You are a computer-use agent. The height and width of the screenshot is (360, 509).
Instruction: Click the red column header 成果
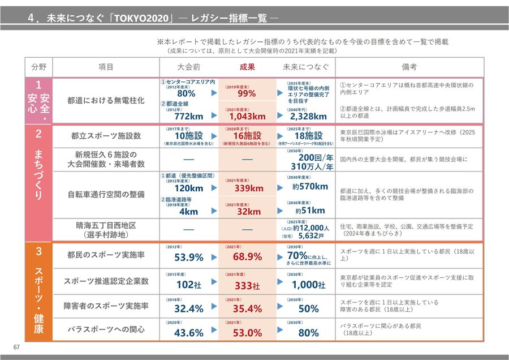[x=247, y=67]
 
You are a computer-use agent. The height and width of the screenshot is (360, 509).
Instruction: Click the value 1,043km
[x=247, y=117]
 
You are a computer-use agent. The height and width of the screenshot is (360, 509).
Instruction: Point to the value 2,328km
[x=308, y=117]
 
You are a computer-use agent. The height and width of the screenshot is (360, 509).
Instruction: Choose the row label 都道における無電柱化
[x=106, y=100]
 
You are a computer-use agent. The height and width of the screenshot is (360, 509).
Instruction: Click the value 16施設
[x=247, y=136]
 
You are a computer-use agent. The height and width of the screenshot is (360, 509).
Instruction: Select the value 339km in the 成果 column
[x=249, y=188]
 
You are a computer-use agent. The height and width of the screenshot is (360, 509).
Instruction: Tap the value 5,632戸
[x=312, y=235]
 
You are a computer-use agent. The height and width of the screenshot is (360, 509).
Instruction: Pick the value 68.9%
[x=247, y=257]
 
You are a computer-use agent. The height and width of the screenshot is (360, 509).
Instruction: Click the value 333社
[x=247, y=285]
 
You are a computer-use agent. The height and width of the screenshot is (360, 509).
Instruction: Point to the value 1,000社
[x=309, y=285]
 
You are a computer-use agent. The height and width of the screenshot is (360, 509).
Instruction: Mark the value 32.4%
[x=188, y=309]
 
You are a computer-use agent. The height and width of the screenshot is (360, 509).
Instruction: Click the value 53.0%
[x=247, y=333]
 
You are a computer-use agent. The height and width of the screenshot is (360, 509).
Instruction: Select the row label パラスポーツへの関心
[x=106, y=329]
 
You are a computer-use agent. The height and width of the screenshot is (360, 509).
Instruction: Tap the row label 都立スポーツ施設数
[x=106, y=136]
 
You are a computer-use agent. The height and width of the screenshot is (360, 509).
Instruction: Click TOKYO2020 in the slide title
[x=139, y=18]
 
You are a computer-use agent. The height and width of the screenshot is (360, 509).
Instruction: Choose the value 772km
[x=188, y=117]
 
